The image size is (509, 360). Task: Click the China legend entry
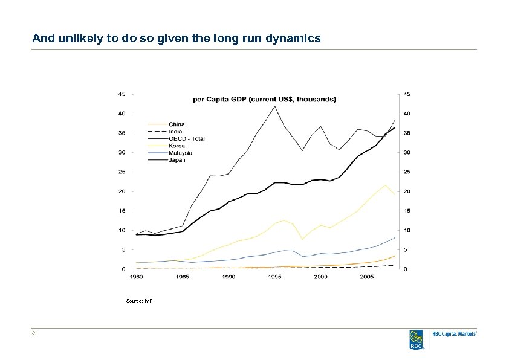[x=177, y=124]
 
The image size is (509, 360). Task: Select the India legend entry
[x=175, y=132]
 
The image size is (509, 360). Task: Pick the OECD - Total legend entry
[x=186, y=139]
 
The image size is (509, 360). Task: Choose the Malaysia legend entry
[x=180, y=153]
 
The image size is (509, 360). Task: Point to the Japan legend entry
[x=177, y=160]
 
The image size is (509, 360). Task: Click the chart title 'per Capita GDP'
[x=265, y=99]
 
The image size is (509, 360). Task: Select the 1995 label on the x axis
[x=275, y=277]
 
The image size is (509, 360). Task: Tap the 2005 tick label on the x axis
[x=367, y=277]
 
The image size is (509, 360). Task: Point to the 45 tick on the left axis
[x=122, y=94]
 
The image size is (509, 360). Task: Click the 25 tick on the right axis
[x=407, y=172]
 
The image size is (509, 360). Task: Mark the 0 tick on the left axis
[x=123, y=269]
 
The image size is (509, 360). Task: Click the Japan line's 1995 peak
[x=275, y=106]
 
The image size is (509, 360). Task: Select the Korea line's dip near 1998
[x=302, y=239]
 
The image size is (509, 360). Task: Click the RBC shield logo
[x=417, y=339]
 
